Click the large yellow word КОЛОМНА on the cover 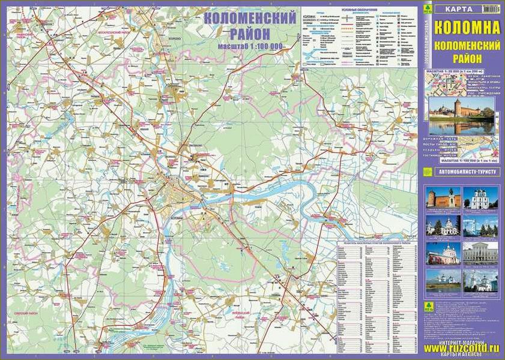462,28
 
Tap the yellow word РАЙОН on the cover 462,58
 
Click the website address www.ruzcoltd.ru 461,347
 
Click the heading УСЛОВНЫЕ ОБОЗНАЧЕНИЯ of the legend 359,11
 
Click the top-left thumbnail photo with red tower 443,197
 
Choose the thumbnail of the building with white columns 480,252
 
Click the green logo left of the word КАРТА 428,9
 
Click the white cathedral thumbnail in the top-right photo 480,197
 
